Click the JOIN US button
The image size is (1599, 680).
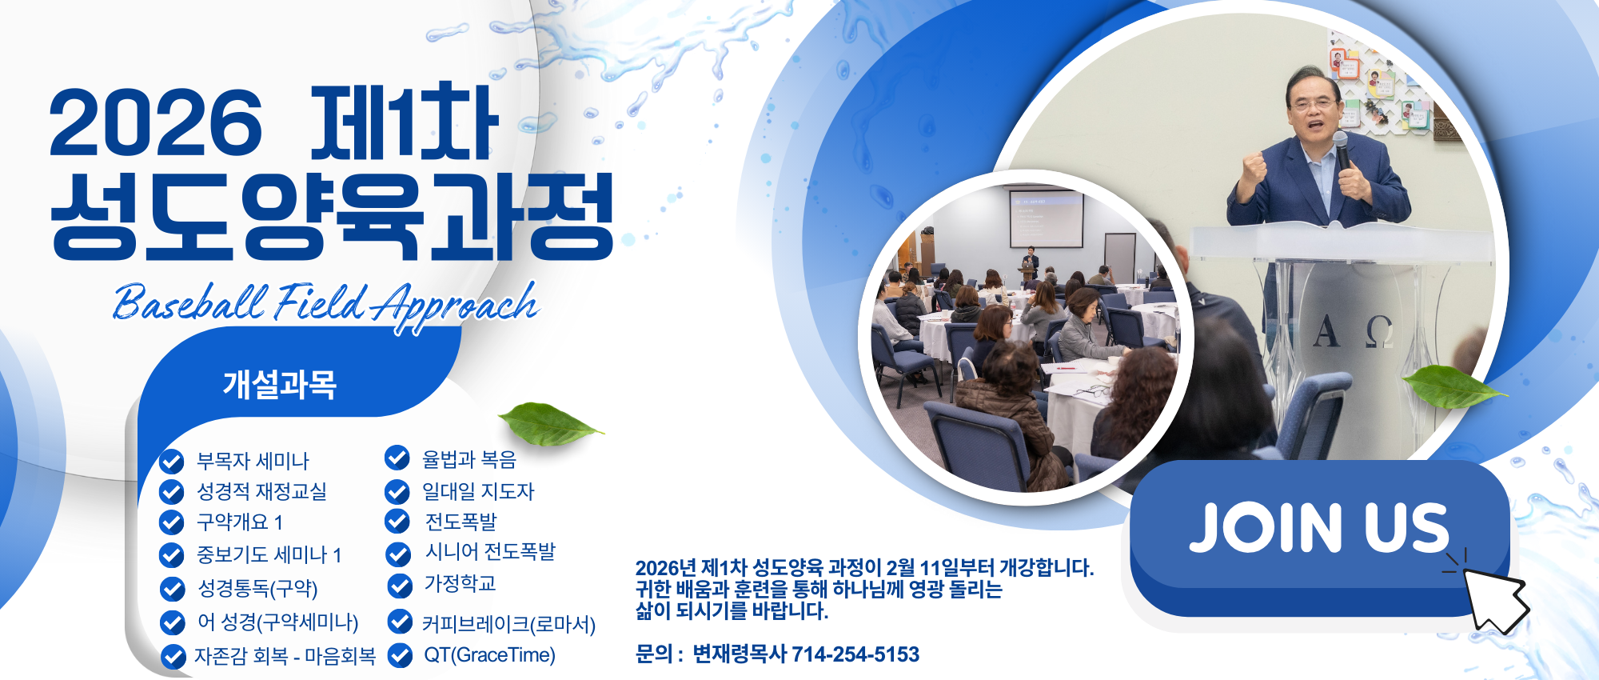tap(1319, 538)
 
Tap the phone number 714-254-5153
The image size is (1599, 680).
tap(855, 654)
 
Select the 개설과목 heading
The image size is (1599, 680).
tap(280, 385)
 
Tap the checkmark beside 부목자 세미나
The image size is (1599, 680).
tap(172, 462)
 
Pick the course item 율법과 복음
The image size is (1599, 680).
tap(469, 459)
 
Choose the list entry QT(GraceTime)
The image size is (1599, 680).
tap(489, 655)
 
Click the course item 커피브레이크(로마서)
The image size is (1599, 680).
tap(508, 623)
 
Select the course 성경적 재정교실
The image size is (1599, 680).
tap(262, 491)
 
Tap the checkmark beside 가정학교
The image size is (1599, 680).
tap(400, 586)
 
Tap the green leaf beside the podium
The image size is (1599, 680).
tap(1453, 386)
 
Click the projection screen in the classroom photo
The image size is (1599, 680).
tap(1046, 219)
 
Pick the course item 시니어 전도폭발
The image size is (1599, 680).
tap(490, 552)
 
